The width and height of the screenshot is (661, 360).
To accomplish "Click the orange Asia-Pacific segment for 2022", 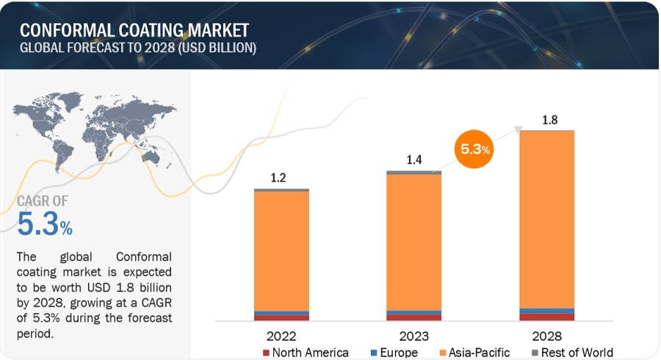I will [x=281, y=250].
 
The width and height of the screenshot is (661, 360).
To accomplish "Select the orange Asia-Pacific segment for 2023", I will [x=413, y=242].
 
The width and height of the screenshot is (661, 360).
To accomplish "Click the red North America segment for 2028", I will [x=546, y=317].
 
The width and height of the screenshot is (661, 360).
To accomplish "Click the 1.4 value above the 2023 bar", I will [x=413, y=159].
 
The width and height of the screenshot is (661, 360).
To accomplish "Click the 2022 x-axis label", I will [x=281, y=336].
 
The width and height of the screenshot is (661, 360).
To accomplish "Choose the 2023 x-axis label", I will [x=413, y=336].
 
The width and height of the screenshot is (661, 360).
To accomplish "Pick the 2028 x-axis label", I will [x=546, y=336].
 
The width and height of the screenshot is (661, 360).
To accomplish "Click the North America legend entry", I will [x=305, y=353].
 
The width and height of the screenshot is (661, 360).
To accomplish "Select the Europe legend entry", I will [x=397, y=353].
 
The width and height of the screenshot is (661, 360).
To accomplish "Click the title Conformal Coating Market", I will [x=134, y=30].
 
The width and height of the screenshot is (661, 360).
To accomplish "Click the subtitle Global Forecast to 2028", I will [x=137, y=48].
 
